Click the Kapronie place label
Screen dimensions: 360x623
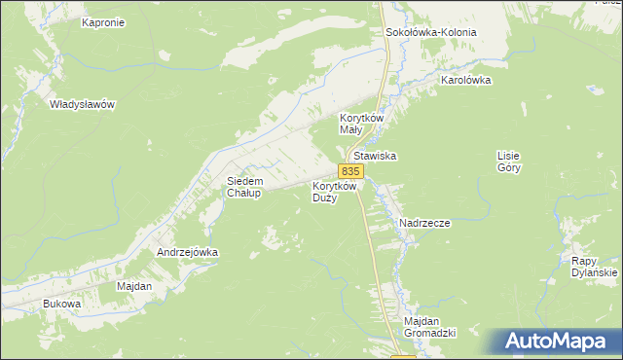coord(103,22)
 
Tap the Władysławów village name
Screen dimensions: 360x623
coord(83,104)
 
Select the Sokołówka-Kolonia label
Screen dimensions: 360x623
coord(431,32)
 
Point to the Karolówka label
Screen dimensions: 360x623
coord(465,81)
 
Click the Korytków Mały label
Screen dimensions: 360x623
coord(362,123)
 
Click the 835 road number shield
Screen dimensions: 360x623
coord(352,171)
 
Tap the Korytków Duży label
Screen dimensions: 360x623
coord(336,191)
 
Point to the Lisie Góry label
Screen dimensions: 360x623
coord(509,162)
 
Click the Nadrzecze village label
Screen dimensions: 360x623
coord(424,223)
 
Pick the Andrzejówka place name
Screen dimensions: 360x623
coord(188,252)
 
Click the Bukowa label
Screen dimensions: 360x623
coord(61,305)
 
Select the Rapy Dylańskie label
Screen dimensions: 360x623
coord(595,267)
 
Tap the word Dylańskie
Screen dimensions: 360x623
coord(595,273)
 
